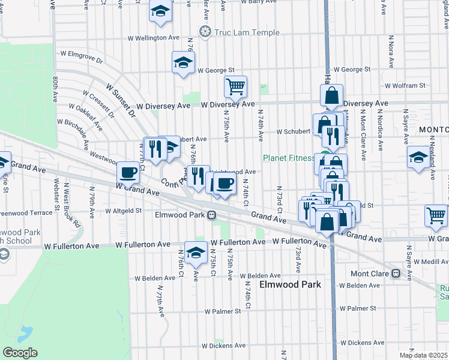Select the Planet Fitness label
tap(289, 158)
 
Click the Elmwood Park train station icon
tap(212, 215)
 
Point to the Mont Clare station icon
tap(396, 274)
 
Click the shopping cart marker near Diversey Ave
tap(236, 86)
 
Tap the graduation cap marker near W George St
tap(184, 62)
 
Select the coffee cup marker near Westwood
tap(128, 172)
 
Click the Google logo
tap(20, 353)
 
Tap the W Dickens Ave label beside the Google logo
tap(224, 346)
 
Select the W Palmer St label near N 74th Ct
tap(222, 311)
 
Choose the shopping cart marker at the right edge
tap(436, 215)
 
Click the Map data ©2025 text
tap(423, 355)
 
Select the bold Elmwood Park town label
tap(290, 285)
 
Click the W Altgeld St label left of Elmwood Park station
tap(123, 211)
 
